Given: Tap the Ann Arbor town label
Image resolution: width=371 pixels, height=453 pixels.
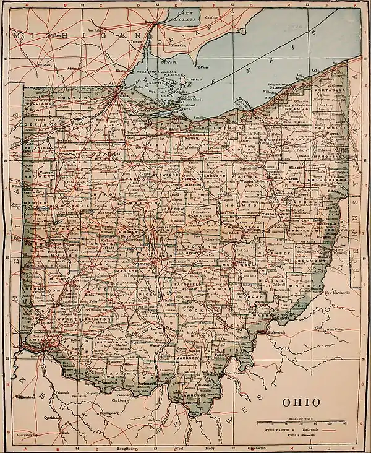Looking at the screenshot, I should (95, 30).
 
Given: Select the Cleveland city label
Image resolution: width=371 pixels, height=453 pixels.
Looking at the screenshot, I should (248, 105).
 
